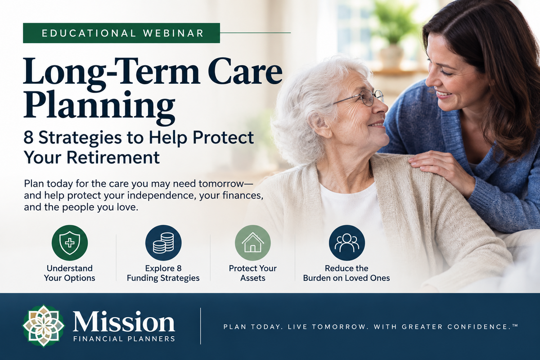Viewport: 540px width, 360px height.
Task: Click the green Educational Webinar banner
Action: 121,33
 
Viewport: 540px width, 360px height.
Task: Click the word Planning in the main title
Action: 99,107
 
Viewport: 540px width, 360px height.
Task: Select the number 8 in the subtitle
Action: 28,138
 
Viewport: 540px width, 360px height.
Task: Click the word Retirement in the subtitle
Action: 113,157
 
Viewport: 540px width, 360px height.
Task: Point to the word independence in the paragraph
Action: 161,196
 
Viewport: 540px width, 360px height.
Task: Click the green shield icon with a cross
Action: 70,243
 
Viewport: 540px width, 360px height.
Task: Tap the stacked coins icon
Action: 163,243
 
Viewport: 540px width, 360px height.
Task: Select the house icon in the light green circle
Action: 252,243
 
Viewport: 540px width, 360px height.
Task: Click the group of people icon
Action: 346,243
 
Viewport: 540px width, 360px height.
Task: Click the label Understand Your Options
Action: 70,273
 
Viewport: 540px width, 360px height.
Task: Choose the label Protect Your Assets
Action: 252,273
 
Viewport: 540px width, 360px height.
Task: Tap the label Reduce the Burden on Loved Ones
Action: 346,273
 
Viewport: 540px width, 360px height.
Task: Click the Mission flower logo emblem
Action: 43,326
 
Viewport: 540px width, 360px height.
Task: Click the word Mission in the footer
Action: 124,321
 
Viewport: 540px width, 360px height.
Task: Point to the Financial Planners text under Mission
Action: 124,339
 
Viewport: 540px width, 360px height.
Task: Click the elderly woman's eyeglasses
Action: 359,98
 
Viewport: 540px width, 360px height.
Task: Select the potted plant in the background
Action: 393,34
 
